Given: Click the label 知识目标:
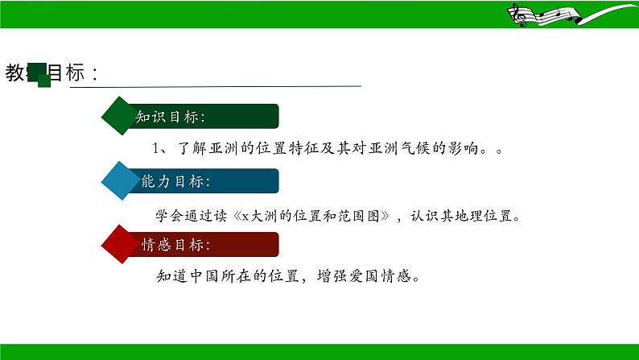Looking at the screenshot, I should [170, 117].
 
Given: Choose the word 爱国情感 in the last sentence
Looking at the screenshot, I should [382, 277].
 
